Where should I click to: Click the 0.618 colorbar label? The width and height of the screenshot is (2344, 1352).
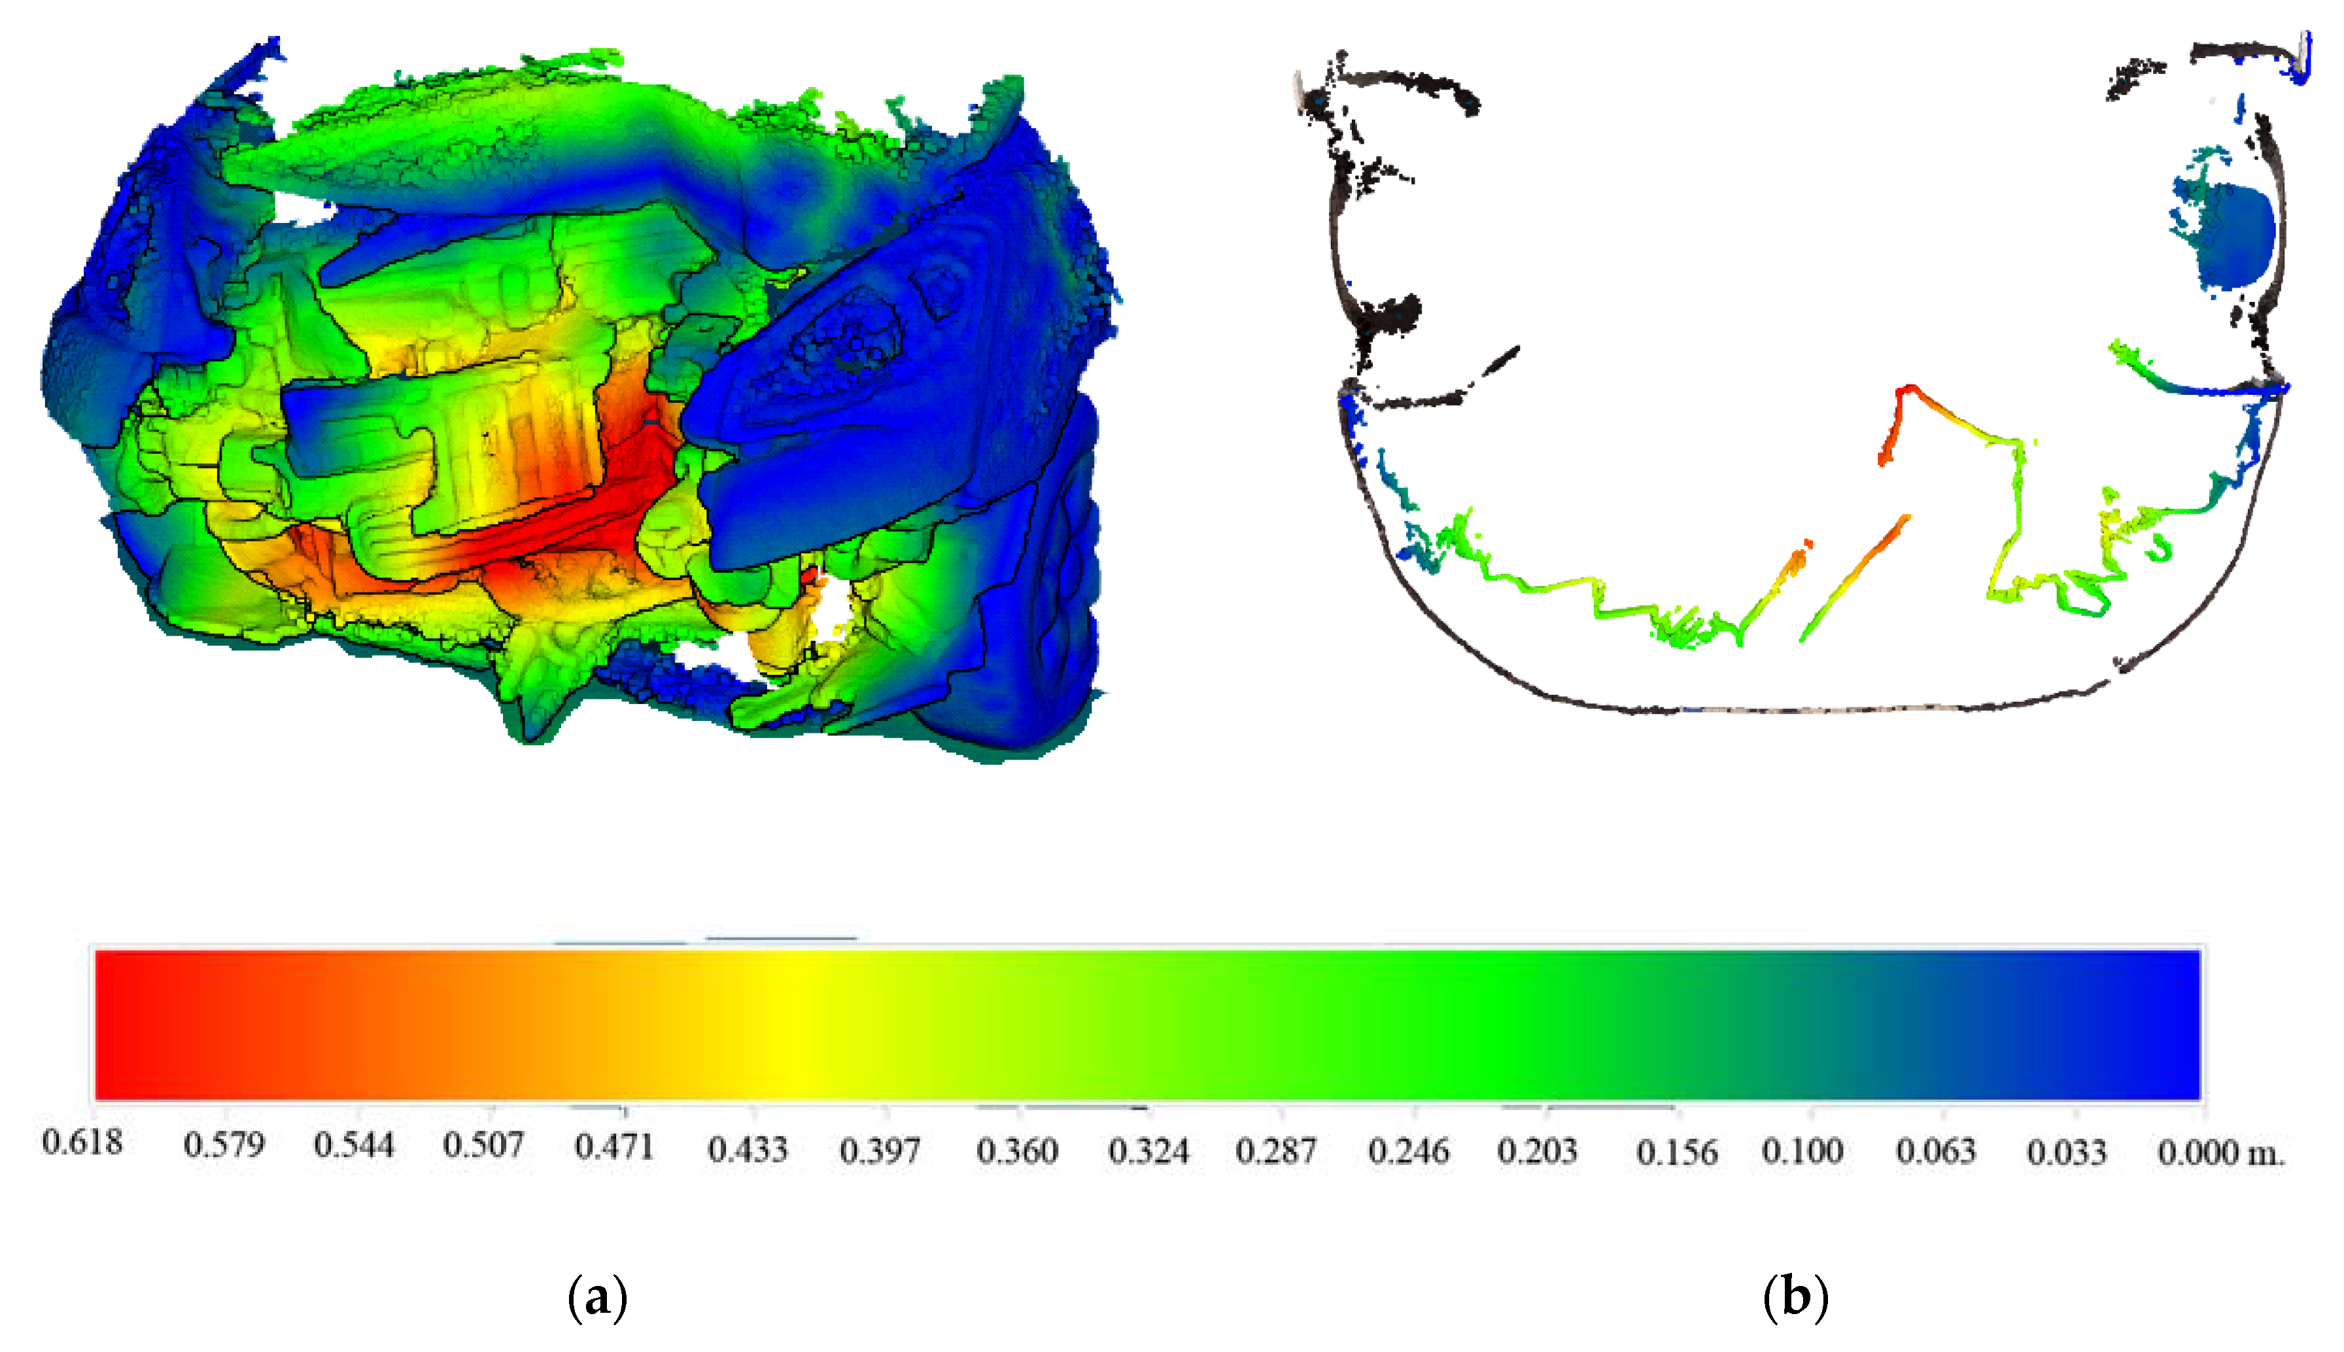tap(82, 1142)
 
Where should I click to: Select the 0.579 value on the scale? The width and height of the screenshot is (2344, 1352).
tap(224, 1145)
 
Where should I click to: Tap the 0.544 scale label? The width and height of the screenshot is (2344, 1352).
tap(354, 1145)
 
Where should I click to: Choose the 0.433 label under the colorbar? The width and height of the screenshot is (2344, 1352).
tap(748, 1149)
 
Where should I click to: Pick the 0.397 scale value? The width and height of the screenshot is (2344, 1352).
tap(880, 1151)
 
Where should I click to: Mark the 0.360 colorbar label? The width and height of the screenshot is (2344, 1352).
tap(1017, 1151)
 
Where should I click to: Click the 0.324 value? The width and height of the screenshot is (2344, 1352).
tap(1149, 1151)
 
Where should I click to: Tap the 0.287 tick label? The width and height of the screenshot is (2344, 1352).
tap(1276, 1151)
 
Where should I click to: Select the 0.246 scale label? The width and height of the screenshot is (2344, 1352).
tap(1409, 1151)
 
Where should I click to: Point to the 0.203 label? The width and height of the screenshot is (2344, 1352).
tap(1537, 1151)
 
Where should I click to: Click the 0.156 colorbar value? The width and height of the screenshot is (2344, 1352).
tap(1676, 1153)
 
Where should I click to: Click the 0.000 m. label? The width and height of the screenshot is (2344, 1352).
tap(2220, 1153)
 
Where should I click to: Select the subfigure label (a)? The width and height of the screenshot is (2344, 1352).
tap(597, 1297)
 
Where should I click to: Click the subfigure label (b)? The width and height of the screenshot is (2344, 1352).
tap(1795, 1297)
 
